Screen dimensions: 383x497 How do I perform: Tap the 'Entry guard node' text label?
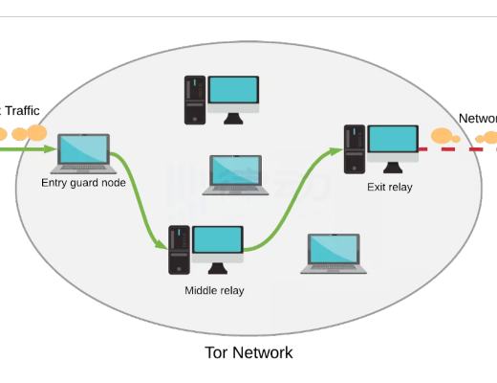(84, 182)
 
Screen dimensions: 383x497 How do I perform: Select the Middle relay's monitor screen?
(217, 240)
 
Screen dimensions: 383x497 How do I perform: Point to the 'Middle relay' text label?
(214, 290)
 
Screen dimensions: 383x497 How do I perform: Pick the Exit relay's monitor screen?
(393, 140)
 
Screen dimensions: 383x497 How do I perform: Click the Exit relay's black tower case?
(354, 148)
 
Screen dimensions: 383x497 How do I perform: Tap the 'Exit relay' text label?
(390, 187)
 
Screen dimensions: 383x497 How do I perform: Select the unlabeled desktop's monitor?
(233, 92)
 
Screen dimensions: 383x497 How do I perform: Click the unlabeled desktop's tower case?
(194, 100)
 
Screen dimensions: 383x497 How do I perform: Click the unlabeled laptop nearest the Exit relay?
(334, 253)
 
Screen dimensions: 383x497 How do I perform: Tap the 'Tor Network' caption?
(248, 352)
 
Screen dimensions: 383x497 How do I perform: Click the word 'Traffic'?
(22, 111)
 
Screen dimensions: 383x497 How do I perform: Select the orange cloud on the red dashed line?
(444, 137)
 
